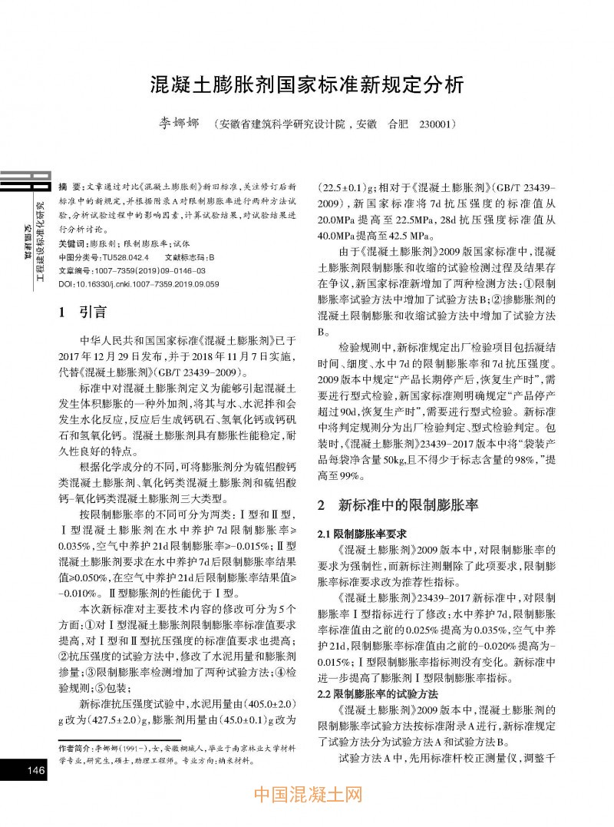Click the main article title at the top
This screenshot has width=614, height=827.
306,84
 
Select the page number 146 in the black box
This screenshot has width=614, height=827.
35,770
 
